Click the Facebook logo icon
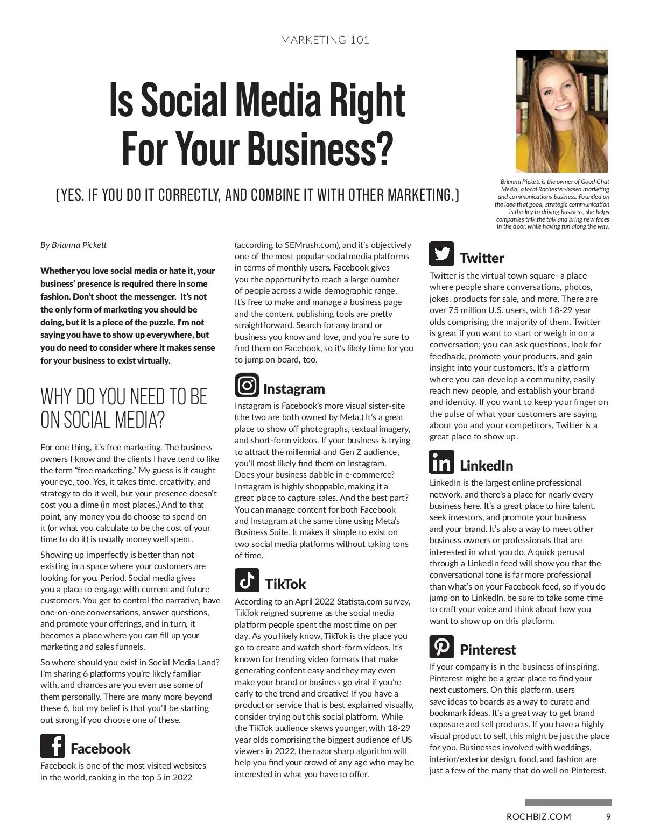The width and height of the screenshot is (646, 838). click(52, 745)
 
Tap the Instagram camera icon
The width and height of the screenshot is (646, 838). click(247, 385)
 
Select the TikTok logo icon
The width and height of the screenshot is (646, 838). click(247, 580)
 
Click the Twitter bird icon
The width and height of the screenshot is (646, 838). click(441, 253)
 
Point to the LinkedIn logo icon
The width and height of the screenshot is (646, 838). click(441, 462)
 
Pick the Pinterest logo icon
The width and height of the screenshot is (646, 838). click(441, 646)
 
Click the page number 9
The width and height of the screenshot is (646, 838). click(608, 816)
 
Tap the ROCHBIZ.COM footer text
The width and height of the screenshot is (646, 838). click(539, 816)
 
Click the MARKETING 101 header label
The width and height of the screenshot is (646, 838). click(325, 40)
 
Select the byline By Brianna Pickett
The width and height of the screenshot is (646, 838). click(73, 245)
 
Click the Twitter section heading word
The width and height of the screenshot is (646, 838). click(482, 258)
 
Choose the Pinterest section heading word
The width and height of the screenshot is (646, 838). click(488, 650)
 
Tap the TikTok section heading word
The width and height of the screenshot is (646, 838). click(285, 584)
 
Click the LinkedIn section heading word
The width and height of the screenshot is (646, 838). click(486, 466)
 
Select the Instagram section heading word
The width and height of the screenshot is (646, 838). click(294, 389)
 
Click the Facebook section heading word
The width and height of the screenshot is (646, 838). click(101, 749)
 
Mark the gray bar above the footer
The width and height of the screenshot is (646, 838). click(568, 803)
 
